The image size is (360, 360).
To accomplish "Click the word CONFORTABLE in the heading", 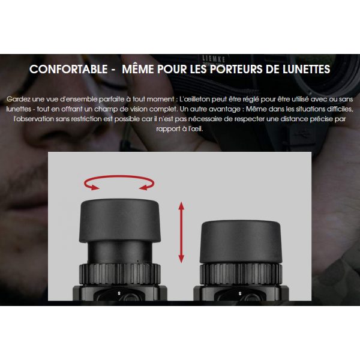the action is pos(68,69).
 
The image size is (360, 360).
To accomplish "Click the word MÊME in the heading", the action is pos(138,68).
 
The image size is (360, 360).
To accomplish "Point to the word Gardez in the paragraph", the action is pos(19,99).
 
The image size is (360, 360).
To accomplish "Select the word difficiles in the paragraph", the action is pos(340,109).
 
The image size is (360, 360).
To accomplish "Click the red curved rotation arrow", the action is pos(119,176).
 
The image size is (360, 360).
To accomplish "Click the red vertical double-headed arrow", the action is pos(181,232).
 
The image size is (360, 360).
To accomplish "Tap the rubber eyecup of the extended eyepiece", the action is pos(119,220).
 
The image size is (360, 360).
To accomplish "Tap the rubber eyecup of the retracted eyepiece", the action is pos(241,242).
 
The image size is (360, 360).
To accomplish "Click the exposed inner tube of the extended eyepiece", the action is pos(119,252).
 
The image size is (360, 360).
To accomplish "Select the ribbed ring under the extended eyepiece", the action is pos(119,274).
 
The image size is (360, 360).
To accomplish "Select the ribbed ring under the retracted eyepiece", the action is pos(241,274).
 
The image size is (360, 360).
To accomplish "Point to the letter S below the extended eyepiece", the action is pos(119,293).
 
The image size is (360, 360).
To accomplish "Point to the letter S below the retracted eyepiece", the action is pos(240,293).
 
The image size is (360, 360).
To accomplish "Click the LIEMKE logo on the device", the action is pos(213,59).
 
